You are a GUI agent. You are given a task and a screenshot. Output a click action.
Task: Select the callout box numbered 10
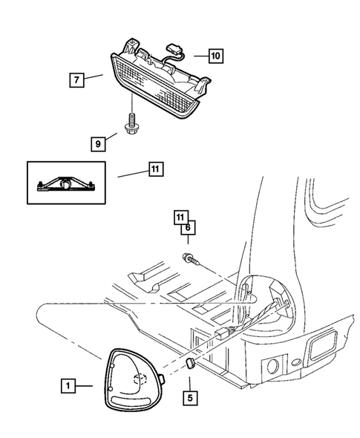215,55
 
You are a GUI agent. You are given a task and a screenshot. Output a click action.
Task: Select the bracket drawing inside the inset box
66,183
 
